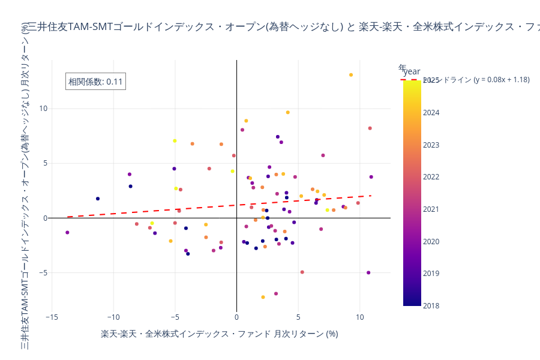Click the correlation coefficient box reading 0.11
pos(95,82)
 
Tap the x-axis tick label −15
pos(52,316)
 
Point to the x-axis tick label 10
pos(359,316)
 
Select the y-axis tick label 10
pos(43,109)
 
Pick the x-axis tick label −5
pos(175,316)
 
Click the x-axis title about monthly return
pos(219,334)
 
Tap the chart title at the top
pos(282,27)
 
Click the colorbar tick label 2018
pos(431,306)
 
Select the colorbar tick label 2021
pos(431,209)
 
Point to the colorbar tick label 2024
pos(431,113)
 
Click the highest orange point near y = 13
pos(351,75)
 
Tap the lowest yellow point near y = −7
pos(263,297)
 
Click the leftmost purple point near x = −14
pos(67,232)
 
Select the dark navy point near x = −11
pos(98,199)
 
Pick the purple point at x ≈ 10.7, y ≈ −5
pos(368,272)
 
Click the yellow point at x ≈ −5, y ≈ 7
pos(175,141)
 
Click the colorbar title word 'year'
pos(412,71)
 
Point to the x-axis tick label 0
pos(236,316)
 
